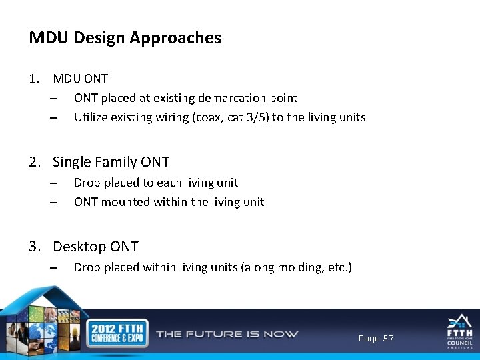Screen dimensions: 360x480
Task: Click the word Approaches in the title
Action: (175, 38)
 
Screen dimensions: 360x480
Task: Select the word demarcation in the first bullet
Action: (236, 98)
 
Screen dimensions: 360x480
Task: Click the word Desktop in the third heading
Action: (79, 247)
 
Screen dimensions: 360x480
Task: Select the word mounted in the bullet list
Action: (125, 202)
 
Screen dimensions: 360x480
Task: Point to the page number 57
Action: (387, 339)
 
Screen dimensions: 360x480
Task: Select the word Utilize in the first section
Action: (90, 117)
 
